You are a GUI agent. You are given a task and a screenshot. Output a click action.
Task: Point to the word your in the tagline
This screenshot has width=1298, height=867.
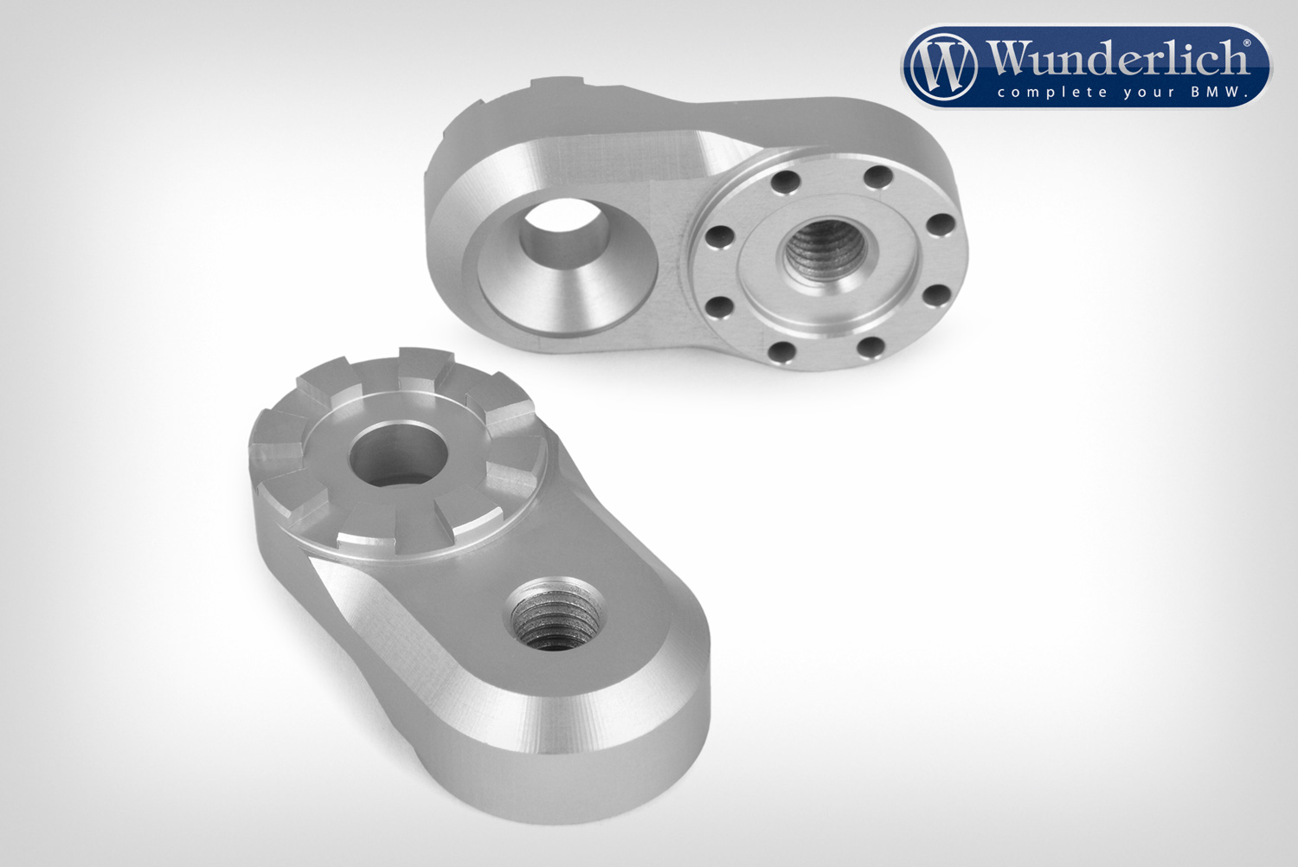tap(1141, 93)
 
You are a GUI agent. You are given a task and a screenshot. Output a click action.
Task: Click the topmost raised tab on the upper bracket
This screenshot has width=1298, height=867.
tap(554, 86)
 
